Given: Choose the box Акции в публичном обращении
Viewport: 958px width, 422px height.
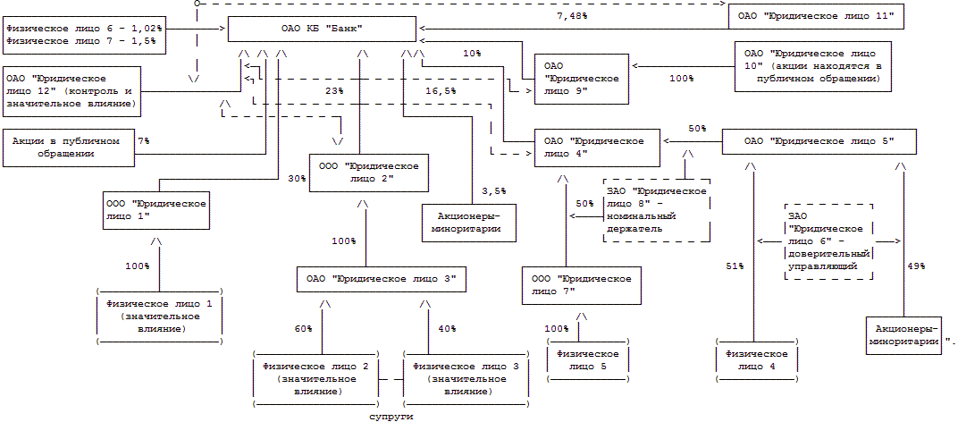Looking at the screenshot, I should coord(67,148).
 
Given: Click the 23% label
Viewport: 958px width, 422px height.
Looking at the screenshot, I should coord(334,90).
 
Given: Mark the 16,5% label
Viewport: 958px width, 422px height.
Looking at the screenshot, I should coord(441,90).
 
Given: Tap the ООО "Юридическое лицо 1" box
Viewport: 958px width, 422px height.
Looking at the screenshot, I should coord(156,210).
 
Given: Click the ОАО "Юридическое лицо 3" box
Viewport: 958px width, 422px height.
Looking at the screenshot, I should coord(382,280).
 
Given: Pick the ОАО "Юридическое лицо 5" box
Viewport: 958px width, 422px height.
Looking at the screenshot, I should coord(818,141).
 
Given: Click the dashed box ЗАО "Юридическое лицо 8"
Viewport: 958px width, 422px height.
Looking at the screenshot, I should coord(658,209).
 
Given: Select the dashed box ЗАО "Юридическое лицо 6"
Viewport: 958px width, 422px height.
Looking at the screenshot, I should coord(828,241).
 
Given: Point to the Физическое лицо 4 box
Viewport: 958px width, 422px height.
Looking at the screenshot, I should coord(757,359).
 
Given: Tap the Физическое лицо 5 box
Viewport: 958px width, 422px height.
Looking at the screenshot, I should coord(586,359).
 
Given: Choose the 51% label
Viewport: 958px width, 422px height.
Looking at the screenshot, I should coord(735,266).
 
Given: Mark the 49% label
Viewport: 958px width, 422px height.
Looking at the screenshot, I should coord(917,266).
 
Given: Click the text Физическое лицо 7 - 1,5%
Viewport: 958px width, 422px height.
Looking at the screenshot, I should coord(80,41).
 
